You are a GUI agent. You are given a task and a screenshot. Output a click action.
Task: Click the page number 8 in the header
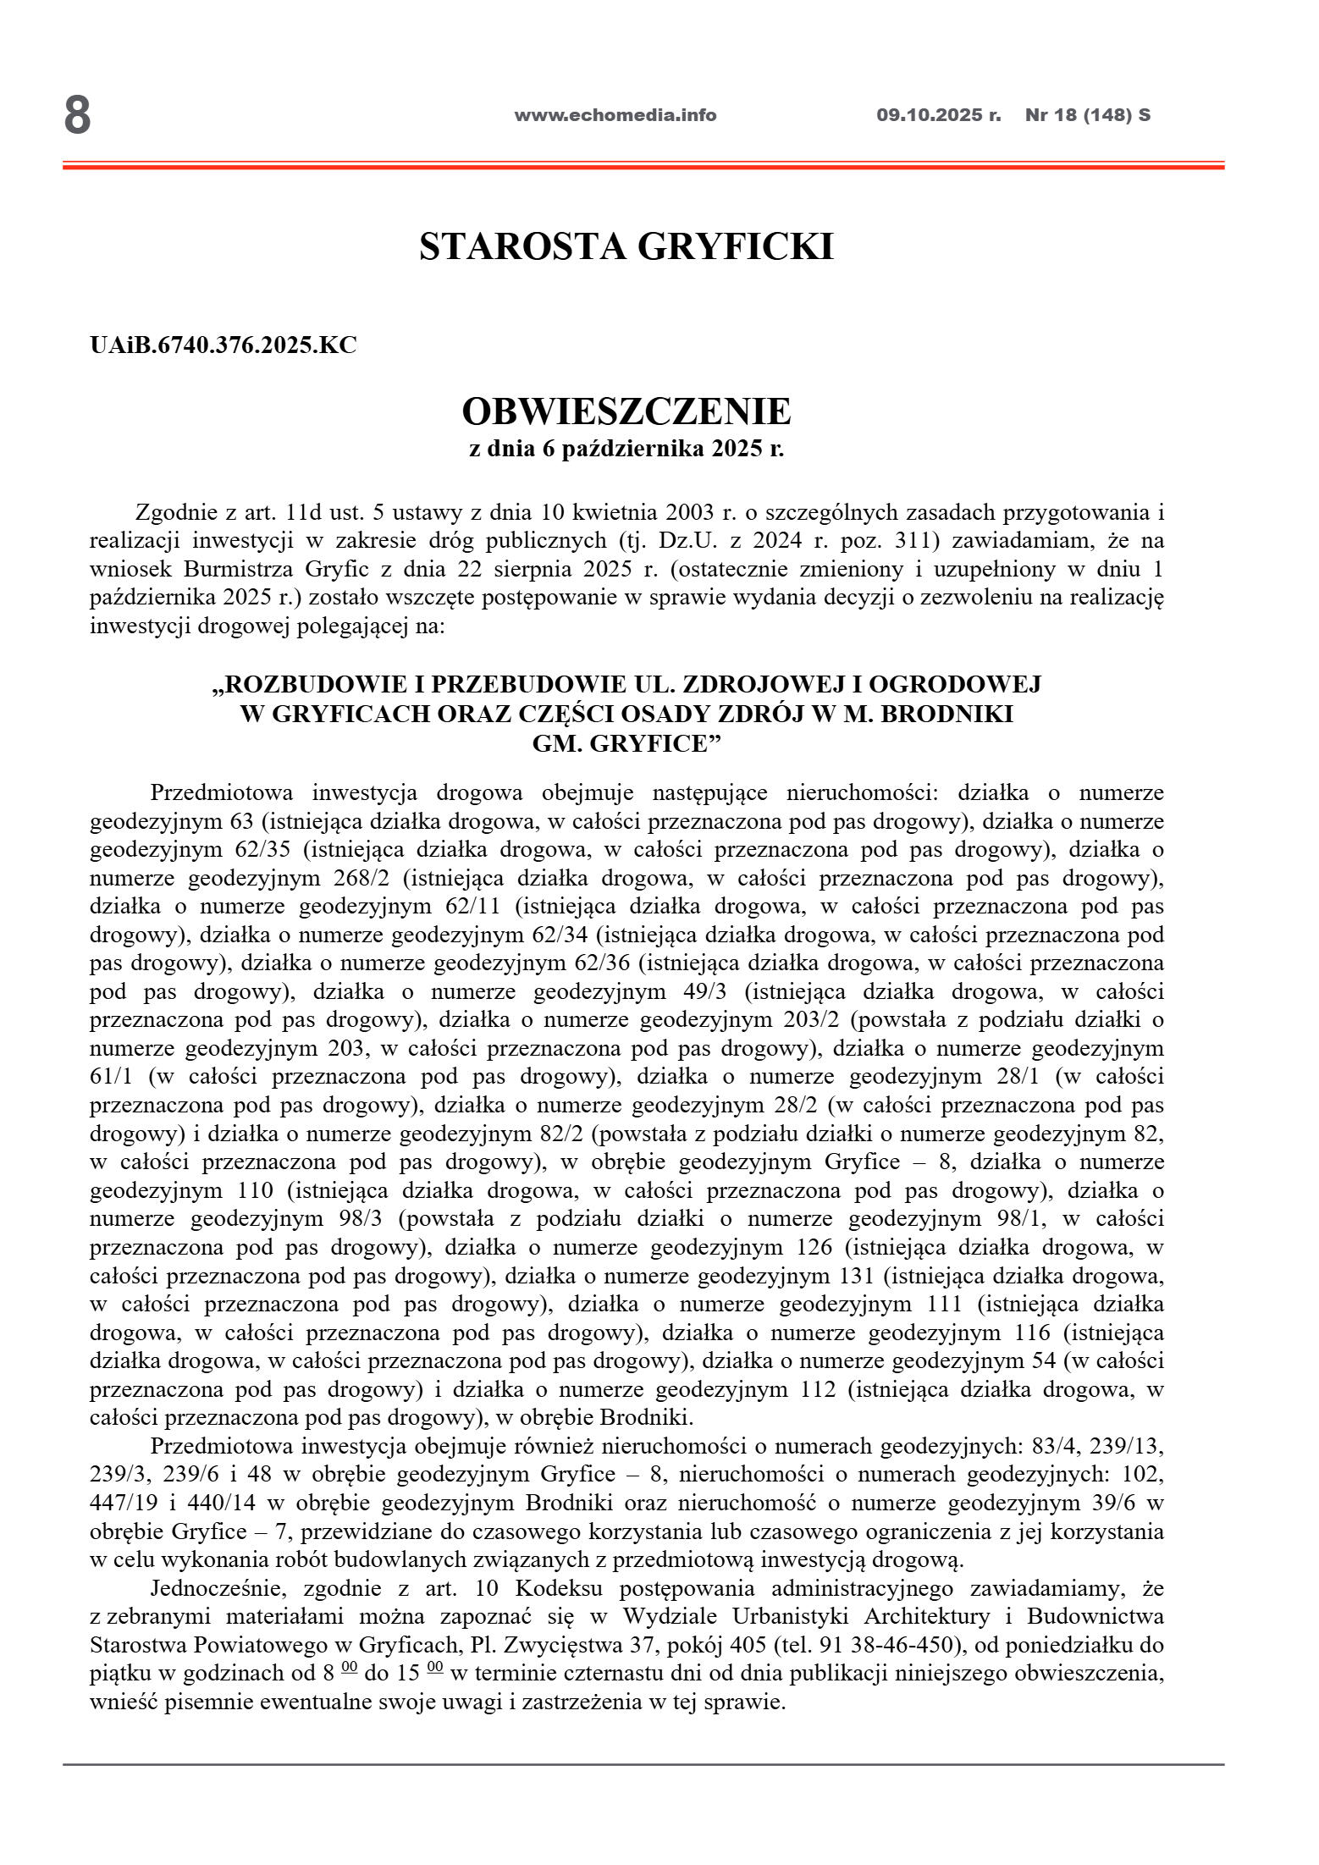77,116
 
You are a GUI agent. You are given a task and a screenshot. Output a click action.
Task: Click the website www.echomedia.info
615,115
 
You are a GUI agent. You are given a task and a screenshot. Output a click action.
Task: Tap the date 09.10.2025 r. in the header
938,115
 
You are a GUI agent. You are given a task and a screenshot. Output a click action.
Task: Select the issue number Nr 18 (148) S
1087,115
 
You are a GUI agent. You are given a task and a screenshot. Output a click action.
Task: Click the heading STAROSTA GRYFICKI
626,246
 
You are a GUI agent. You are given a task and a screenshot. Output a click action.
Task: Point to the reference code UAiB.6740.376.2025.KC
224,345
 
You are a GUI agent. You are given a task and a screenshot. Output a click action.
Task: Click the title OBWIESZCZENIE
626,411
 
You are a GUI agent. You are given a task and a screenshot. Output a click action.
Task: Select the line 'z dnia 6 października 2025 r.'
626,449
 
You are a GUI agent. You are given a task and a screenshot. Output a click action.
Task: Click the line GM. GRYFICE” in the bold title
626,743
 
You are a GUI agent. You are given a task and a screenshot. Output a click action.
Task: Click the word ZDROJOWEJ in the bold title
753,684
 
